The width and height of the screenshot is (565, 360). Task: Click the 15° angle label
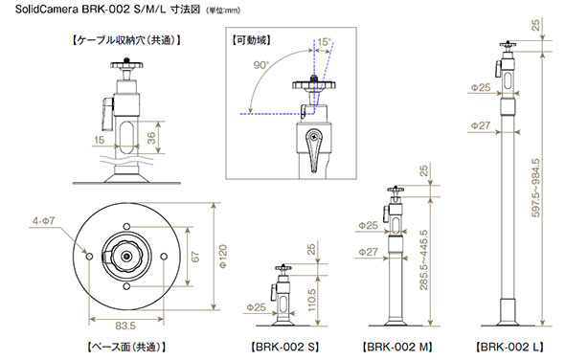[x=325, y=42]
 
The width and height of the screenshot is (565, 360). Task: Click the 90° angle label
[x=261, y=65]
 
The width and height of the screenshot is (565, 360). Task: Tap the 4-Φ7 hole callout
[x=44, y=220]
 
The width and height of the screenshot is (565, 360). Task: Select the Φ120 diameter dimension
[x=223, y=257]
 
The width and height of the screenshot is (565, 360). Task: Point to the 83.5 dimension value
[x=125, y=326]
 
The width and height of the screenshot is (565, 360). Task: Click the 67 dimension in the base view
[x=195, y=257]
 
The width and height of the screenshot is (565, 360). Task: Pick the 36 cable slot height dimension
[x=151, y=138]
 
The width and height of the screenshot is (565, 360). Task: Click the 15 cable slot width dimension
[x=99, y=140]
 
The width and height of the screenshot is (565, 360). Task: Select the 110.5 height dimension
[x=312, y=300]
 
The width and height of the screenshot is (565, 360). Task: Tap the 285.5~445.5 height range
[x=423, y=259]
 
